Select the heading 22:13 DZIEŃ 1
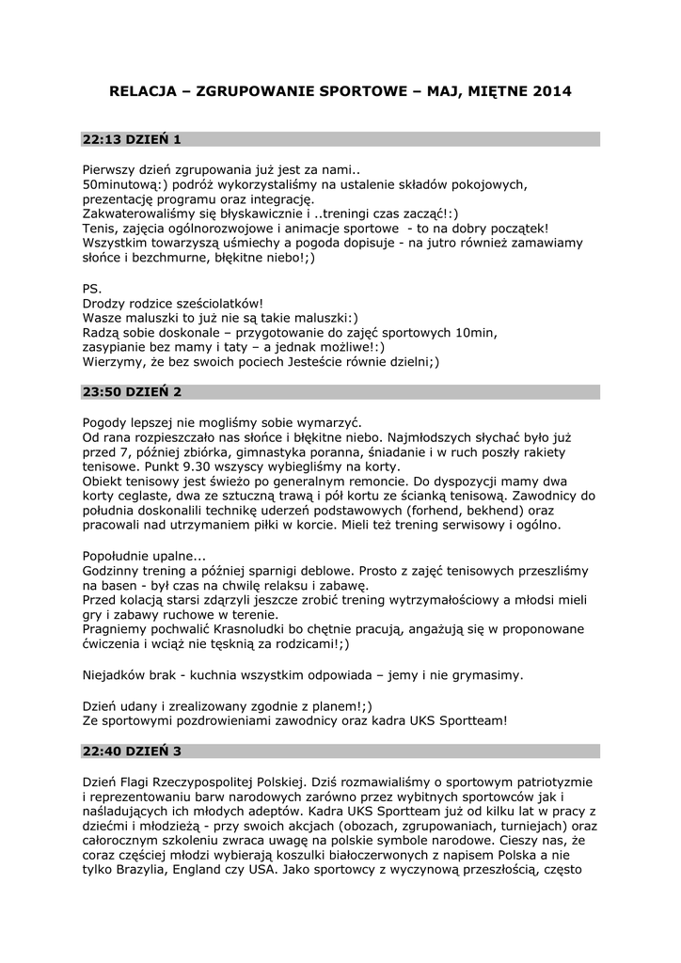click(x=132, y=140)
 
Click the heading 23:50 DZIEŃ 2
click(x=132, y=391)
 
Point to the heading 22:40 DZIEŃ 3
click(x=132, y=750)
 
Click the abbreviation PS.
click(x=91, y=288)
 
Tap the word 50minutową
click(x=122, y=183)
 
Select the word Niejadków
click(x=117, y=675)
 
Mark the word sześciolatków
click(x=215, y=303)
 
